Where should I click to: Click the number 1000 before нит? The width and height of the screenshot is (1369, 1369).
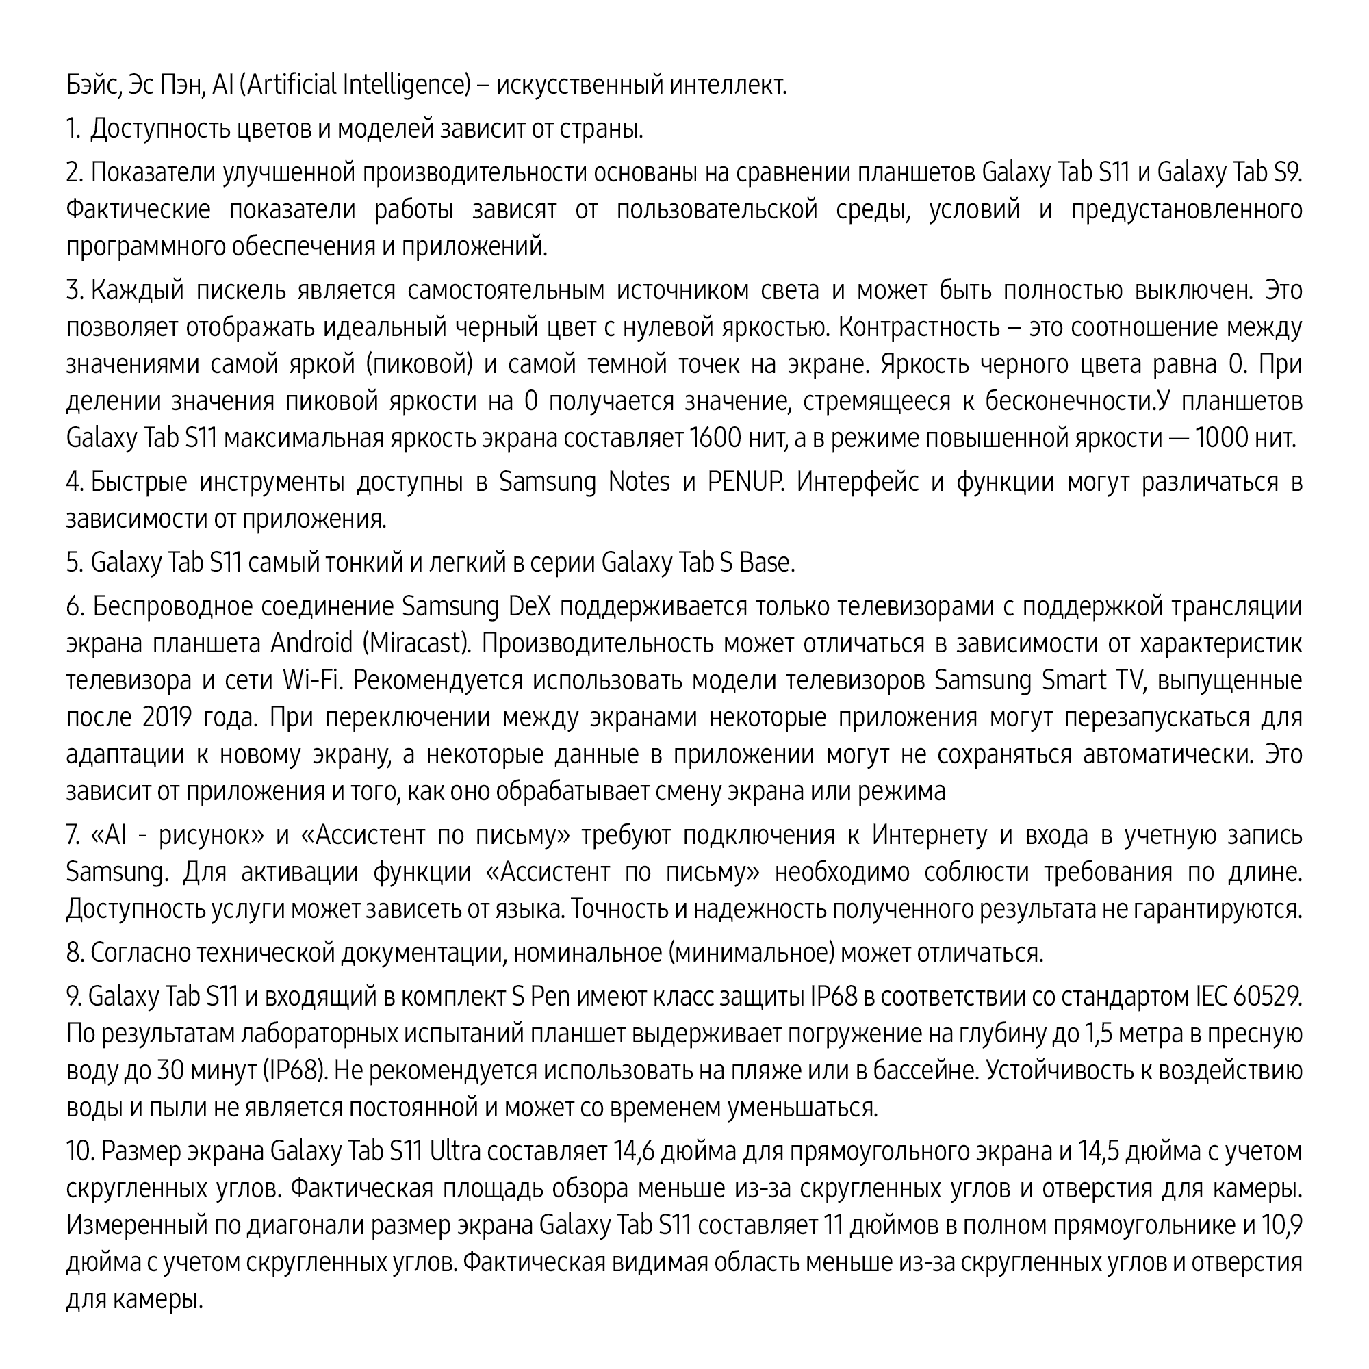point(1223,439)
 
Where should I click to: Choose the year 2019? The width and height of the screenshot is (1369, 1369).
point(167,718)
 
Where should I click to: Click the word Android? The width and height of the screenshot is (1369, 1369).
point(311,644)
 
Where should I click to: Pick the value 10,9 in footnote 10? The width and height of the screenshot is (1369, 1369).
point(1282,1225)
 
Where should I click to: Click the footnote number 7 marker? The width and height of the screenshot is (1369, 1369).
point(73,835)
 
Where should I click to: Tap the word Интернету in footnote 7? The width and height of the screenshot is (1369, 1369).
point(930,835)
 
